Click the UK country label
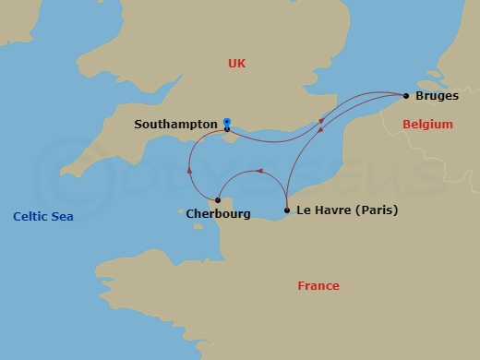tap(239, 64)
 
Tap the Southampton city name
tap(175, 123)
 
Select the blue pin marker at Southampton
tap(227, 121)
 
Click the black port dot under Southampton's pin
tap(227, 129)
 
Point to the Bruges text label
tap(438, 96)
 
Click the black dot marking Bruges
tap(406, 95)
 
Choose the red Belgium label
tap(427, 124)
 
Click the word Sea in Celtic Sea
tap(63, 217)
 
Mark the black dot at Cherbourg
tap(218, 199)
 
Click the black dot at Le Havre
tap(287, 210)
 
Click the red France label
tap(318, 285)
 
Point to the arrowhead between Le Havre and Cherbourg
tap(259, 171)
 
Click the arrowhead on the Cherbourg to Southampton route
tap(189, 168)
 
